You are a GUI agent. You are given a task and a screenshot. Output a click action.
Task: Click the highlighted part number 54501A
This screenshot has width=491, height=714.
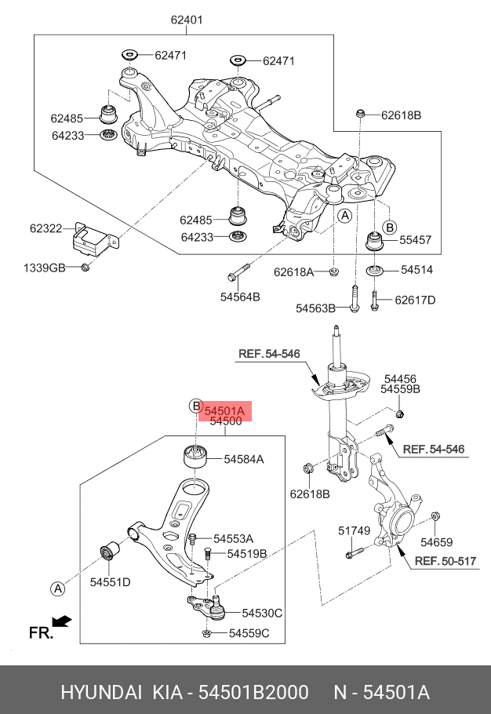[225, 411]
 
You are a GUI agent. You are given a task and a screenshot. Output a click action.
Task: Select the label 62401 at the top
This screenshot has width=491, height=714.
[187, 20]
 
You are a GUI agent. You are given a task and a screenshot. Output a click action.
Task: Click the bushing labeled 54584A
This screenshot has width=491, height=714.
[195, 457]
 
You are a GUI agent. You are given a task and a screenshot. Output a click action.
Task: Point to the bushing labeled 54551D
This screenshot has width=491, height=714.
[108, 552]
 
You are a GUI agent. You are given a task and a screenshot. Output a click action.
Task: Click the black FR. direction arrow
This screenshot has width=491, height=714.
[61, 621]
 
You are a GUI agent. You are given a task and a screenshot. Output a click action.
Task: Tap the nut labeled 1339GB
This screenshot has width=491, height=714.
[85, 268]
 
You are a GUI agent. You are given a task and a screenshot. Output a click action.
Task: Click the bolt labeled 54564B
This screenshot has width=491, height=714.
[238, 271]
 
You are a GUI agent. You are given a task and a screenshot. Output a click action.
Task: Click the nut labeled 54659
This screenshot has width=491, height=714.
[435, 516]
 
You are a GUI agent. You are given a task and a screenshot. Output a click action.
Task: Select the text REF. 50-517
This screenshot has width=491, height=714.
[439, 561]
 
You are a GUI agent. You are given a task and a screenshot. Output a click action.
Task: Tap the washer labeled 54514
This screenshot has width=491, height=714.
[374, 271]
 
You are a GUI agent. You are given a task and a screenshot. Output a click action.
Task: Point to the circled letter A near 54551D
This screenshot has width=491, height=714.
[58, 588]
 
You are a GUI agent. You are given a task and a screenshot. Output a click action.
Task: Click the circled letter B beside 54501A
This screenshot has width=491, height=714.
[195, 406]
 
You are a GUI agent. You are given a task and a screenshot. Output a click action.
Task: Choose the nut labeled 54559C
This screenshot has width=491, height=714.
[205, 633]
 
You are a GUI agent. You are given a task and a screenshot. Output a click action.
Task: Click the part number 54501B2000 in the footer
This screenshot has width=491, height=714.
[254, 693]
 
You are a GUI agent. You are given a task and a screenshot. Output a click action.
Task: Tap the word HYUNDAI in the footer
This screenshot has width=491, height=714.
[101, 693]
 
